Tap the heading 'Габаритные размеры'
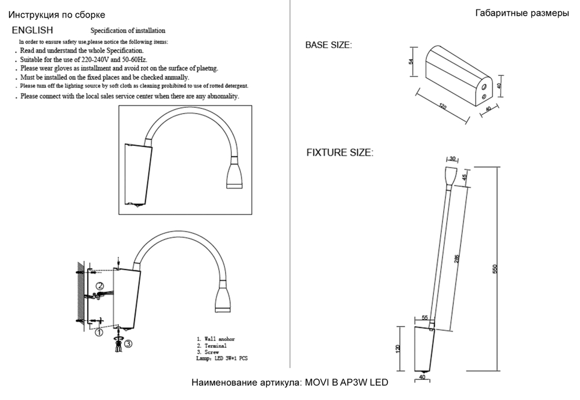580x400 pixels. pos(521,13)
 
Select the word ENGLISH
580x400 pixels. pos(33,30)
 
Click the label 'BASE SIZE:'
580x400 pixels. pos(328,45)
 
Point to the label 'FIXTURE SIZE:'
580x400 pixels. pos(340,153)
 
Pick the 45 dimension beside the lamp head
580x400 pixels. pos(465,177)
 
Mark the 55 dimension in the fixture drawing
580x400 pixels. pos(425,318)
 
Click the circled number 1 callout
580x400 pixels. pos(99,332)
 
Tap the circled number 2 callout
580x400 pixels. pos(99,286)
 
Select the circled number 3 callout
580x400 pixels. pos(128,343)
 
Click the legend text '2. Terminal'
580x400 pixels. pos(211,346)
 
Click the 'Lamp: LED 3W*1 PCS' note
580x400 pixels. pos(223,359)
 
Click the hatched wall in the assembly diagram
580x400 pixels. pos(80,296)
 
